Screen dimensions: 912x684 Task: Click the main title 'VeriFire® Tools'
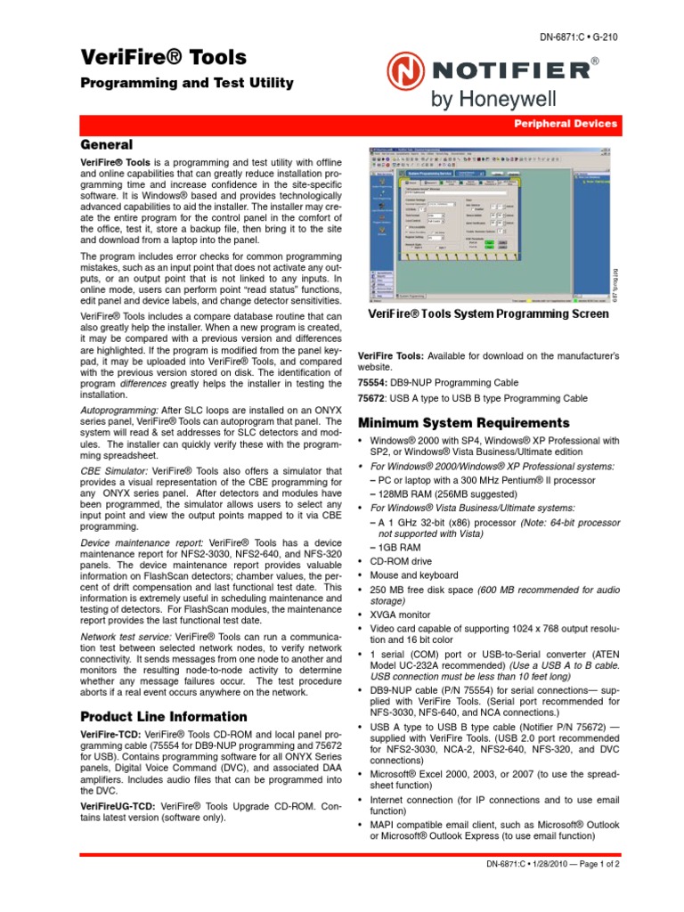click(164, 58)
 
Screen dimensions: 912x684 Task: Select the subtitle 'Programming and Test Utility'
click(187, 84)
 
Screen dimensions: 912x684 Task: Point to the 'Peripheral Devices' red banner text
click(565, 126)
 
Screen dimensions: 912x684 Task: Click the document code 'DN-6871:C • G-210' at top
click(578, 37)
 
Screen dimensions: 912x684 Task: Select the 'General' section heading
click(107, 144)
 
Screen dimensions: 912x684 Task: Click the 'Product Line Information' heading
click(164, 716)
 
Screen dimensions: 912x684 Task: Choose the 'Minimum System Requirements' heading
click(464, 422)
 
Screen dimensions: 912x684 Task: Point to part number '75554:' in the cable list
click(373, 383)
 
